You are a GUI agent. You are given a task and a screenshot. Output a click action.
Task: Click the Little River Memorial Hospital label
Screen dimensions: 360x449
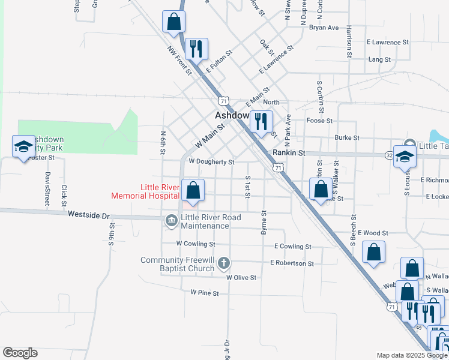(x=145, y=191)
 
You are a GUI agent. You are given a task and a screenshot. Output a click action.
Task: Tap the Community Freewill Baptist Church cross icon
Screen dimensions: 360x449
(x=224, y=263)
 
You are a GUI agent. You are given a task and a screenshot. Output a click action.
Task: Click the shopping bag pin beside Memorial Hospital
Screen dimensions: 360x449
(x=193, y=191)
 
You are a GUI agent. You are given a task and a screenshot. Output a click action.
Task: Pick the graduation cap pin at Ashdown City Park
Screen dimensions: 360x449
(x=23, y=147)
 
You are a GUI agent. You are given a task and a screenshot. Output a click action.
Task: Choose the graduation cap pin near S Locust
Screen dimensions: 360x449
(x=405, y=157)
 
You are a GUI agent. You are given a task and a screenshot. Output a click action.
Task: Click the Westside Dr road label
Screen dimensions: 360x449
(x=90, y=214)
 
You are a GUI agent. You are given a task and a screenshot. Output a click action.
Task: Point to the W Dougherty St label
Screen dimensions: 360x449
(x=211, y=162)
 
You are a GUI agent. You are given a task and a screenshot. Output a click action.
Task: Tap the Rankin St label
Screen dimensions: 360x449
(x=289, y=154)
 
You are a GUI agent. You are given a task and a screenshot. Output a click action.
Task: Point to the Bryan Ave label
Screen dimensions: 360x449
(x=324, y=28)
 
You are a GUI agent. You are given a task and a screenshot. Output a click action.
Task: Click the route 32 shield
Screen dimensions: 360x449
(x=388, y=155)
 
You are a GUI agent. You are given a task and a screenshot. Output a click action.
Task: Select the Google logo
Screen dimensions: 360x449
(x=20, y=353)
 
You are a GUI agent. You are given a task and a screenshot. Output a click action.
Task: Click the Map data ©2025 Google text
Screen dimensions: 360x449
(x=411, y=355)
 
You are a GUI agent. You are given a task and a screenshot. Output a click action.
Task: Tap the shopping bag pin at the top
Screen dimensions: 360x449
(x=173, y=22)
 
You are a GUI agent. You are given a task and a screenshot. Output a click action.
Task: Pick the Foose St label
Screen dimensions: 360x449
(x=319, y=121)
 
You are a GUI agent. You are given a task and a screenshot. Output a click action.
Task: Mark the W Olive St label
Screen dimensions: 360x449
(x=241, y=278)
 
